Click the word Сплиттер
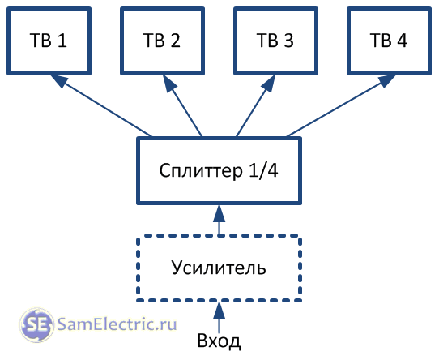point(201,171)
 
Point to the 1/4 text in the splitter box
point(263,170)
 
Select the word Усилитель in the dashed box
point(219,268)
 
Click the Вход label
point(219,341)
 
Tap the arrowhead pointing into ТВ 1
point(59,81)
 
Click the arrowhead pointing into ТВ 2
point(169,83)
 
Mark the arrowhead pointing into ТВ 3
point(268,83)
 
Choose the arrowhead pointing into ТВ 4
point(386,81)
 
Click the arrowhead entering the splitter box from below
point(219,213)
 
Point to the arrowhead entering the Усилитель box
point(219,311)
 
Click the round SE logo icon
point(36,325)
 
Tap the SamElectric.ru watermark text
point(117,324)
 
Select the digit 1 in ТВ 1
point(62,41)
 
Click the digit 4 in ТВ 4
point(402,41)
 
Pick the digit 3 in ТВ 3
point(288,41)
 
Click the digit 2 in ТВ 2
point(175,41)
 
